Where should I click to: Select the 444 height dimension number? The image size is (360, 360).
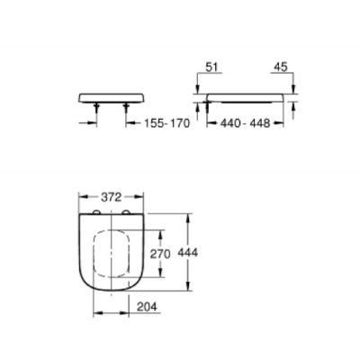[188, 254]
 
